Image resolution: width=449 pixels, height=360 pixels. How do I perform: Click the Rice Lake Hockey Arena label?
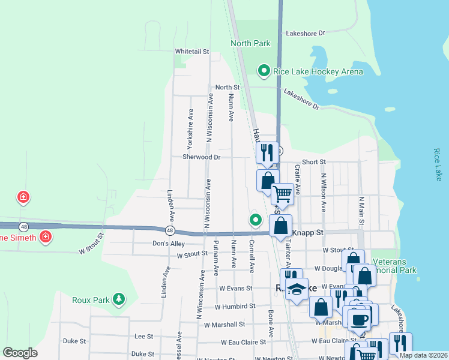click(318, 71)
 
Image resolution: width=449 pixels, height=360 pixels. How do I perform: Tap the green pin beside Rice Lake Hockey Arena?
click(263, 71)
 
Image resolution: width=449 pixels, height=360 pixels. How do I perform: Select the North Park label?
click(250, 43)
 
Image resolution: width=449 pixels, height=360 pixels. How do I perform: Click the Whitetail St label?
click(191, 52)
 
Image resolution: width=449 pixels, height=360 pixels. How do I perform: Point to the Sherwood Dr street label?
click(202, 157)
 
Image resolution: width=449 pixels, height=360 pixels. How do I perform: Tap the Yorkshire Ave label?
click(190, 128)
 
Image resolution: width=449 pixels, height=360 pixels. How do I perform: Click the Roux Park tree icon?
click(119, 299)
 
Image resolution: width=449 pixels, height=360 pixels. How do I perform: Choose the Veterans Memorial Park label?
click(394, 266)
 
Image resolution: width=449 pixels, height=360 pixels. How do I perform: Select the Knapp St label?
click(307, 232)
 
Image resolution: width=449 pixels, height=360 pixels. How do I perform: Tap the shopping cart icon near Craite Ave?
click(282, 194)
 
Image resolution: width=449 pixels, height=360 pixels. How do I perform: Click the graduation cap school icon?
click(296, 289)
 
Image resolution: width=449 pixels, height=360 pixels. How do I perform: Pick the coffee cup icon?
click(360, 319)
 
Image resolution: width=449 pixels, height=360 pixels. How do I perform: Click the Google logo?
click(20, 353)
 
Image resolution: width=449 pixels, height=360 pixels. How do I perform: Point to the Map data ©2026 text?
click(423, 355)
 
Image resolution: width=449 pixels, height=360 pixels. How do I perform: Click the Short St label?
click(313, 162)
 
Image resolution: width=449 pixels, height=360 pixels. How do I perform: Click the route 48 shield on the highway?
click(171, 230)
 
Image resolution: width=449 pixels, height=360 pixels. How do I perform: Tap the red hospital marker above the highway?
click(23, 197)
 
